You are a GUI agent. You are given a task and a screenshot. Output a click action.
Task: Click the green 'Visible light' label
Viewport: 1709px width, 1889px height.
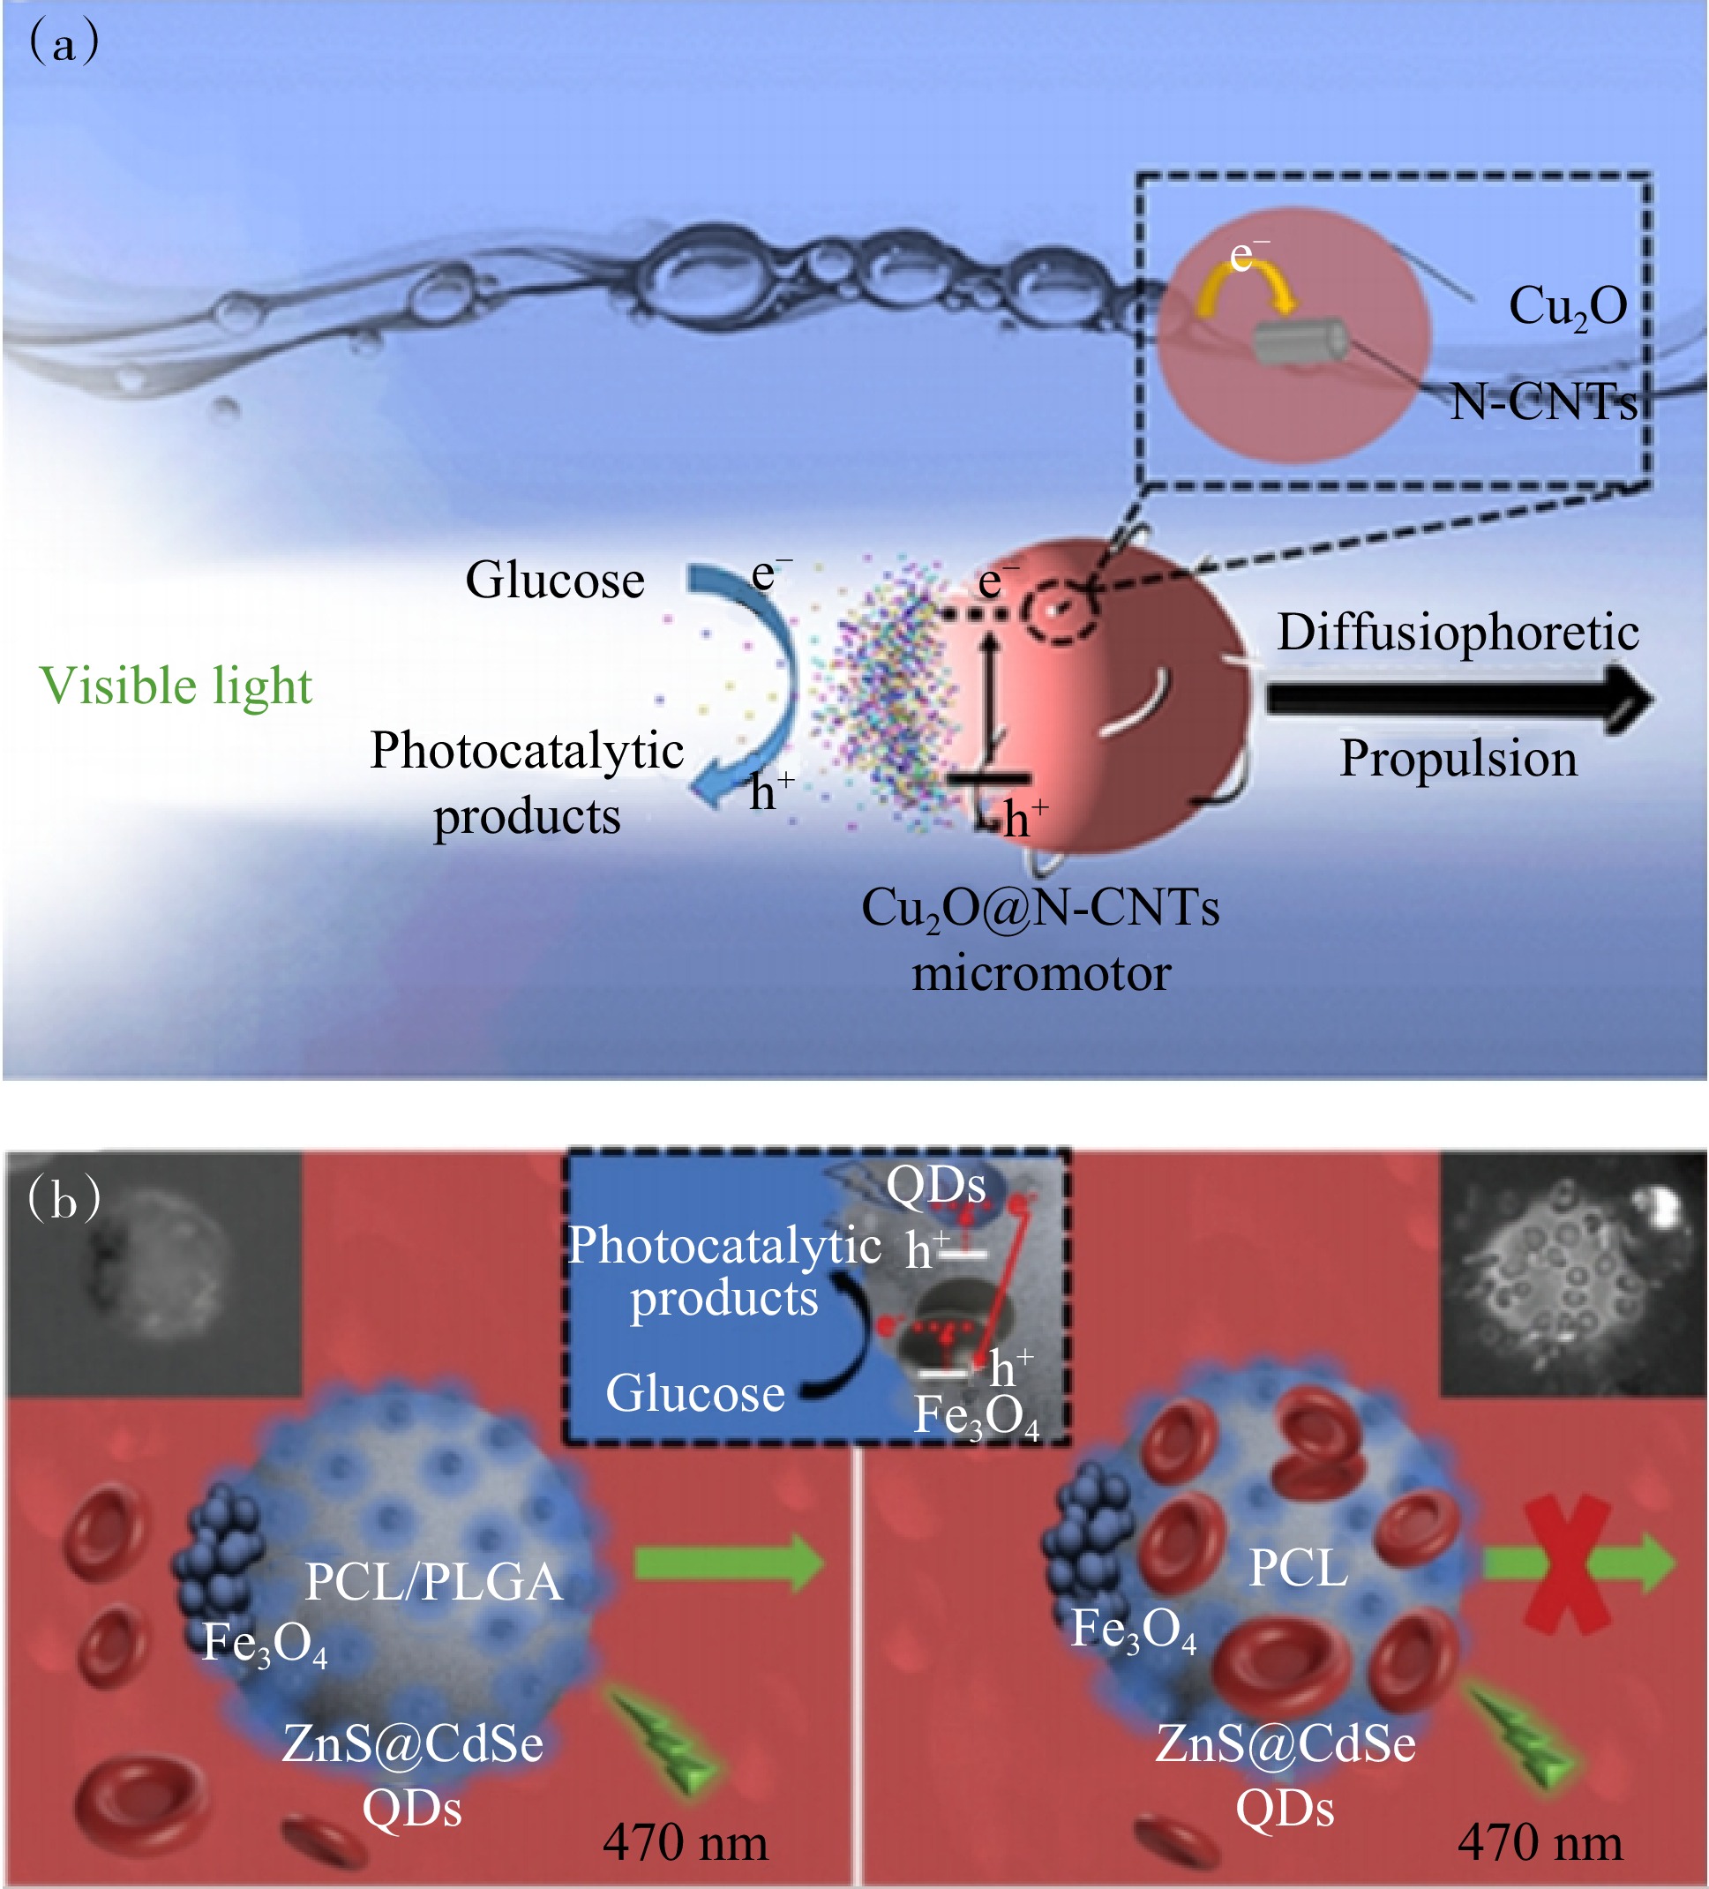pyautogui.click(x=176, y=686)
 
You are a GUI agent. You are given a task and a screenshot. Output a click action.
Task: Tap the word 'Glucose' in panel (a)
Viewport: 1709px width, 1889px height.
pyautogui.click(x=555, y=580)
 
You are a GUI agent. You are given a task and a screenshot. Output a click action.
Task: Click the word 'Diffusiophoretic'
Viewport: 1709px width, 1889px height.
pyautogui.click(x=1457, y=633)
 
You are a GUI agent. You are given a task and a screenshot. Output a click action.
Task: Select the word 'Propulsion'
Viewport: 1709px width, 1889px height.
pyautogui.click(x=1458, y=758)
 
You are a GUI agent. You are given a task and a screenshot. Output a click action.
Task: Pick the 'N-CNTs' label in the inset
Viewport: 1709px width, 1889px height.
pyautogui.click(x=1542, y=403)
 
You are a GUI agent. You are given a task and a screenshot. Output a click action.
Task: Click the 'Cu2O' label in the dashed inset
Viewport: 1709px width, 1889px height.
pyautogui.click(x=1568, y=306)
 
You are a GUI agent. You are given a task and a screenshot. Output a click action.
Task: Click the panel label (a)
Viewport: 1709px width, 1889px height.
pyautogui.click(x=64, y=43)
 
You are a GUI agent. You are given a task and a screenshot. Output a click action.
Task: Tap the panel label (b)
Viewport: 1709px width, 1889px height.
pyautogui.click(x=64, y=1200)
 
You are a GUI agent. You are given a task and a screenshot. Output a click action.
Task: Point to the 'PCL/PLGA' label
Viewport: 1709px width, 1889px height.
pyautogui.click(x=434, y=1583)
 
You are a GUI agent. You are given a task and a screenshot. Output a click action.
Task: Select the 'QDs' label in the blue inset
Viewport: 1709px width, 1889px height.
pyautogui.click(x=935, y=1184)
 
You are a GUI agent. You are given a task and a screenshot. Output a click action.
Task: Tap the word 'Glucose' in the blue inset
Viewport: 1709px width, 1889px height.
pyautogui.click(x=694, y=1393)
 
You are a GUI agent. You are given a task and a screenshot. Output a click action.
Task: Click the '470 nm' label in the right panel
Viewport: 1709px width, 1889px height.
pyautogui.click(x=1540, y=1843)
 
